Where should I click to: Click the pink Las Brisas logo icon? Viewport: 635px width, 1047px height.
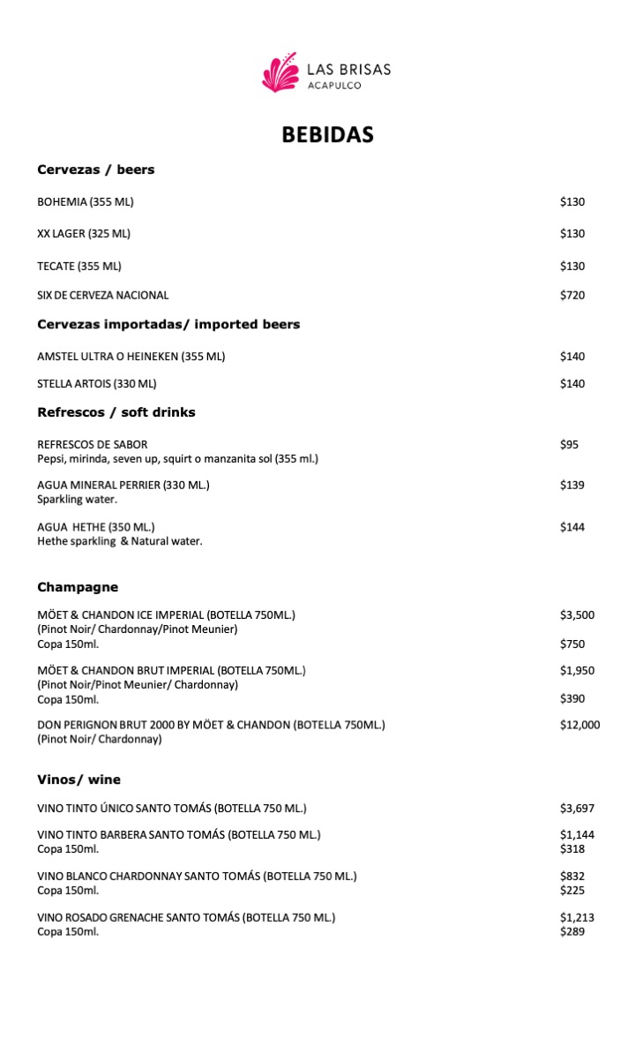(x=280, y=72)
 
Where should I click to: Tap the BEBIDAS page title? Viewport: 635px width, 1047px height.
(x=327, y=135)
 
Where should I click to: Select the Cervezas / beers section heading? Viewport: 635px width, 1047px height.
(x=95, y=169)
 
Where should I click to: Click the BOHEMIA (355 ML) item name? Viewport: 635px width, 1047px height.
(x=86, y=202)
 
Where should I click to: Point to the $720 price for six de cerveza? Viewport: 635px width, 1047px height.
(x=571, y=296)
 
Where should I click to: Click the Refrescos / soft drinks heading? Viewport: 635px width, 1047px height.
(x=116, y=412)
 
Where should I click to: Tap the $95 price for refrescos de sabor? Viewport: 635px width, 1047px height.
(x=569, y=445)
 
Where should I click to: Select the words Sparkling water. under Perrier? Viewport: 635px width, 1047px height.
(x=78, y=500)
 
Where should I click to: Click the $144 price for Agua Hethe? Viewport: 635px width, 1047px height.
(x=571, y=528)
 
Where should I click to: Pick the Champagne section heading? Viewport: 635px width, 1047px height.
(x=78, y=587)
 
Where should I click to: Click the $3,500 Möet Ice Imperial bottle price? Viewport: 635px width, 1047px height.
(x=577, y=615)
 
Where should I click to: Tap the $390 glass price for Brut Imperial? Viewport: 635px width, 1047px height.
(x=571, y=699)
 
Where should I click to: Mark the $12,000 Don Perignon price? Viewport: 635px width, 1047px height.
(x=579, y=726)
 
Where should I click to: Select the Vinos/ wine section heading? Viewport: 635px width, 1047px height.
(x=78, y=780)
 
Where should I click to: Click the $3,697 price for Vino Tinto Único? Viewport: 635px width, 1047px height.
(x=577, y=809)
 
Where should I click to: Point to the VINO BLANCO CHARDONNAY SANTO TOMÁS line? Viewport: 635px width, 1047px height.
(x=197, y=877)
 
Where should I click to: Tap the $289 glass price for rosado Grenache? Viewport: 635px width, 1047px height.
(x=571, y=932)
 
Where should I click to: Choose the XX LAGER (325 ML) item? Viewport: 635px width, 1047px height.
(x=84, y=234)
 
